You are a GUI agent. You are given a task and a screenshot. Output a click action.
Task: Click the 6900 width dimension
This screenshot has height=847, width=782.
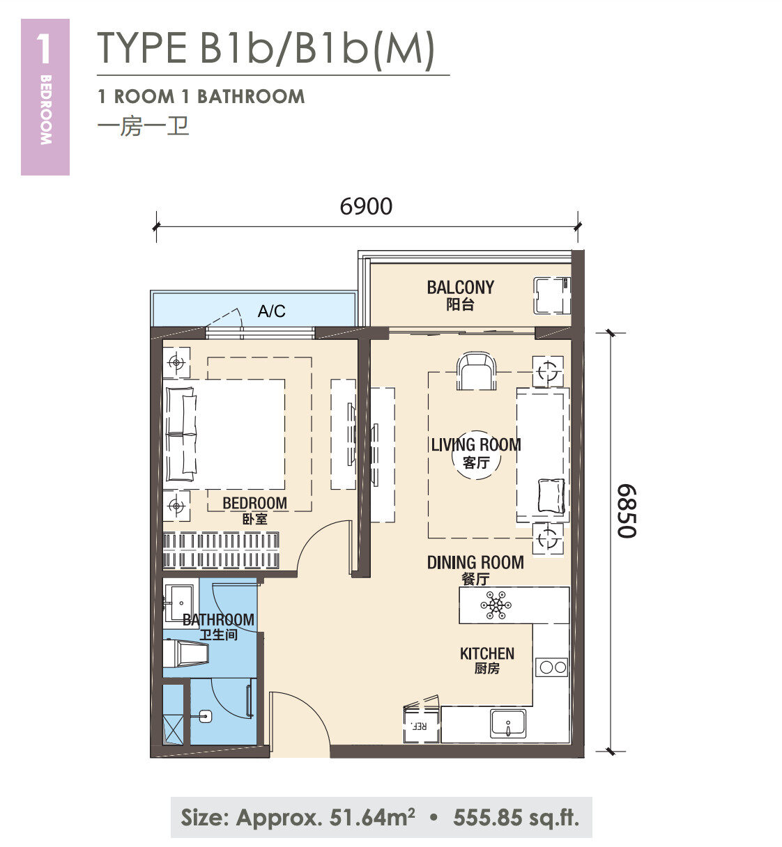point(366,206)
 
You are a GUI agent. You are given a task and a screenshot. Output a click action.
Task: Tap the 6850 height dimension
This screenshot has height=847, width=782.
point(627,511)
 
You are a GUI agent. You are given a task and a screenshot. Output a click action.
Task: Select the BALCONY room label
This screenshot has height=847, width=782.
point(461,287)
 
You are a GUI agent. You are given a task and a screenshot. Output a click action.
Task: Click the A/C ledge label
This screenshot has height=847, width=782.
point(272,311)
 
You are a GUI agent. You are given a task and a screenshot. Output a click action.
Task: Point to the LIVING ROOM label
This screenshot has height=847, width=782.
point(476,445)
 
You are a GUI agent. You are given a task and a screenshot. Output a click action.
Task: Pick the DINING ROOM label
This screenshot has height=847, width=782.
point(475,562)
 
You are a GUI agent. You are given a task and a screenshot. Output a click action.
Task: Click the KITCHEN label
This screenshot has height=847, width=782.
point(487,653)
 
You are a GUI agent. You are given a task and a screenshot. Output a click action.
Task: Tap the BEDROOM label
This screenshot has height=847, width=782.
point(255,503)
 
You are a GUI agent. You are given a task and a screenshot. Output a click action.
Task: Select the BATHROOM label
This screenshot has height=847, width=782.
point(218,620)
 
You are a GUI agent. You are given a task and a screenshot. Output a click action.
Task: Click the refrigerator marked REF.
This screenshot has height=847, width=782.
point(421,724)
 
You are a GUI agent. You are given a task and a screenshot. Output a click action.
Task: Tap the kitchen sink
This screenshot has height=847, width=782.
point(507,723)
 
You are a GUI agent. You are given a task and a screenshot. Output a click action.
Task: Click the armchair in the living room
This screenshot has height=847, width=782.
point(476,371)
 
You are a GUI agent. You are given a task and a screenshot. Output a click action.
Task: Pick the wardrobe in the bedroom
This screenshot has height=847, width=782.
point(221,550)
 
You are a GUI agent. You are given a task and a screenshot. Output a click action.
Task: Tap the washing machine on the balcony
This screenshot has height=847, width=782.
point(551,296)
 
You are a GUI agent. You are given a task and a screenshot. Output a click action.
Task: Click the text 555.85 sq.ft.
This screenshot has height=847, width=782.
point(516,817)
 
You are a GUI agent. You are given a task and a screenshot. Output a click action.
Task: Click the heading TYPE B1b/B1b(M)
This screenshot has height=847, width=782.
point(266,48)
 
